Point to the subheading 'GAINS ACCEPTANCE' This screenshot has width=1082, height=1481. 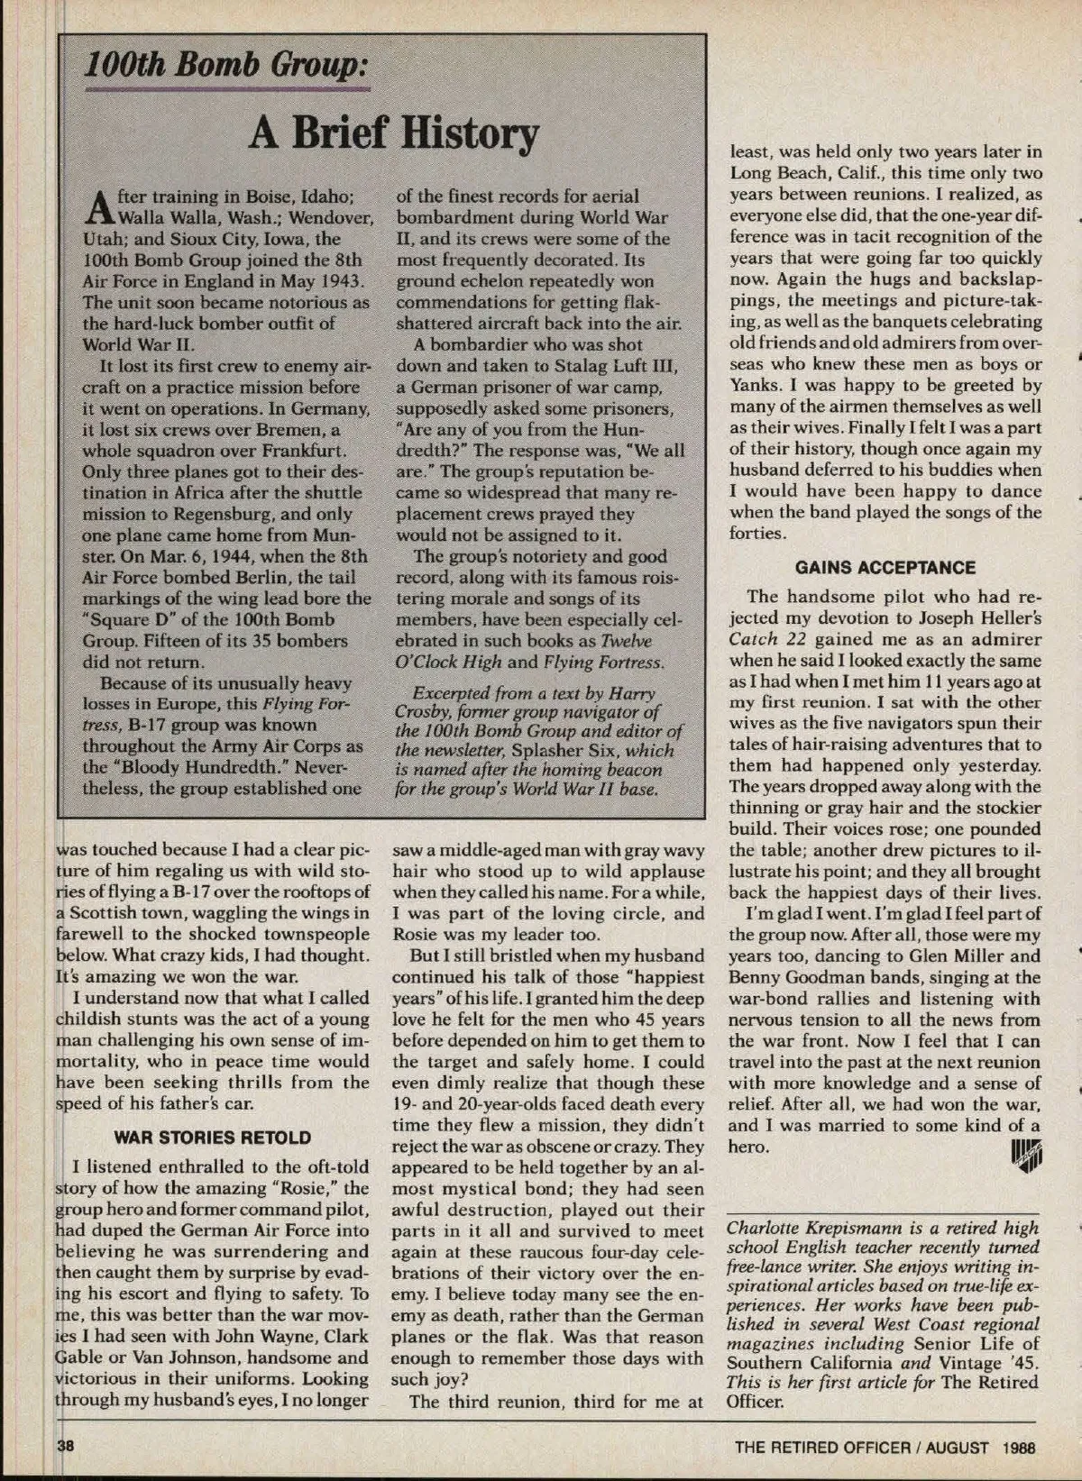coord(885,567)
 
